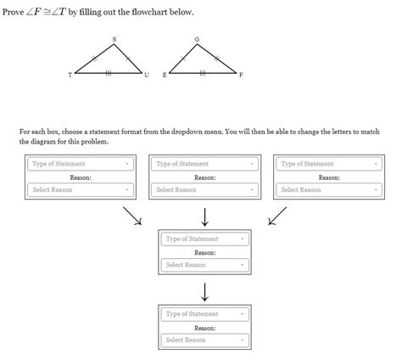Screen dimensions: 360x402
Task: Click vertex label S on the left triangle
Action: pos(114,39)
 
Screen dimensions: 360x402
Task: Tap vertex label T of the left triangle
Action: pos(70,76)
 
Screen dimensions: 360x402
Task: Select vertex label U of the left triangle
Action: pos(146,76)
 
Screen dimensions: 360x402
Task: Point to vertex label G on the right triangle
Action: pos(197,39)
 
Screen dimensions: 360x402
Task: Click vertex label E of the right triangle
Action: pos(165,76)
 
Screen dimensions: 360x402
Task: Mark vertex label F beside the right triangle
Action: pos(242,76)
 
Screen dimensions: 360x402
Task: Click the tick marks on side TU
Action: pos(109,74)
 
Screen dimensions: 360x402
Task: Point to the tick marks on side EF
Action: pos(203,74)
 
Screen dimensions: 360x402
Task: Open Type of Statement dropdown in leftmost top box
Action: pos(81,164)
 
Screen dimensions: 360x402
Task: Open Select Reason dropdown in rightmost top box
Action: pos(328,190)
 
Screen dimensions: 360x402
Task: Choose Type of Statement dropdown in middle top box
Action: pos(204,164)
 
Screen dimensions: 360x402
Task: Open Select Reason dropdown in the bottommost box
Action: pos(204,340)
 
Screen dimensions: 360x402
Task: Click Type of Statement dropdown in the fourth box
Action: pos(204,239)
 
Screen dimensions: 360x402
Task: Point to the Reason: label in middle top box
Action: pos(204,177)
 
